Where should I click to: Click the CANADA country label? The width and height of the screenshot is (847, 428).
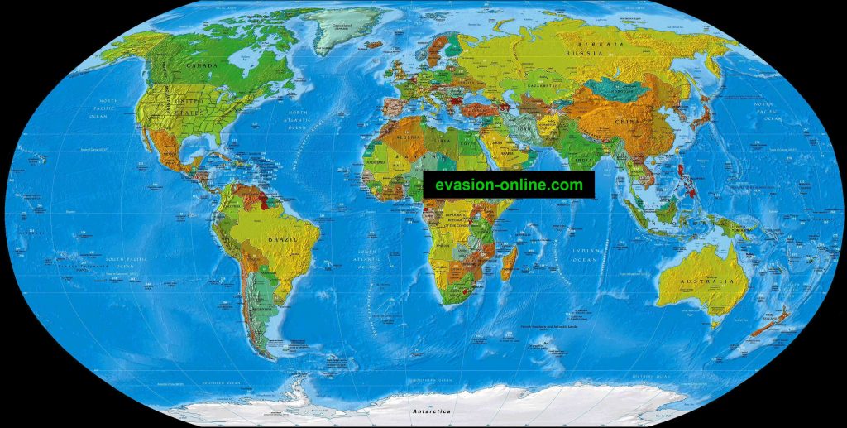coord(202,65)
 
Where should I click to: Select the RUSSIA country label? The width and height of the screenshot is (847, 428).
coord(581,53)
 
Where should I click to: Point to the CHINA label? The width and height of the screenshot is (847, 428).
coord(626,121)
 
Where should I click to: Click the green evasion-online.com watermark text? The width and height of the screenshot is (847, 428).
coord(509,185)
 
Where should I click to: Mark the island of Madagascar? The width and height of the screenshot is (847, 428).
coord(510,262)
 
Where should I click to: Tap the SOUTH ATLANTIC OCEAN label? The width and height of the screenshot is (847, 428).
coord(367,258)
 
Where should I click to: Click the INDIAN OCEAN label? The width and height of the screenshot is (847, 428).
coord(586,254)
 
